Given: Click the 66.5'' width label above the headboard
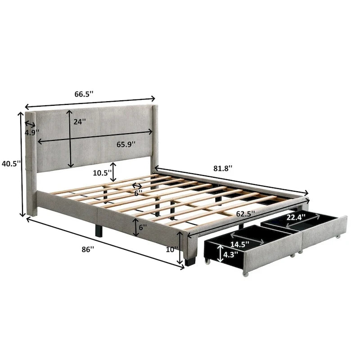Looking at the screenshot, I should [84, 94].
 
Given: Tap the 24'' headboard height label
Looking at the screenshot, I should [80, 122].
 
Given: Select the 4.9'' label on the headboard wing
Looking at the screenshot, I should [31, 133].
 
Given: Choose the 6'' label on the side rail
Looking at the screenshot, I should [143, 228].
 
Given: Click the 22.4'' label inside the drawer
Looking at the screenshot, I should [296, 217].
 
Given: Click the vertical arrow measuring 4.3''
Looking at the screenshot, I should [219, 254].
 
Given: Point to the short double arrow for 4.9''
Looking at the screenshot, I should [31, 124].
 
